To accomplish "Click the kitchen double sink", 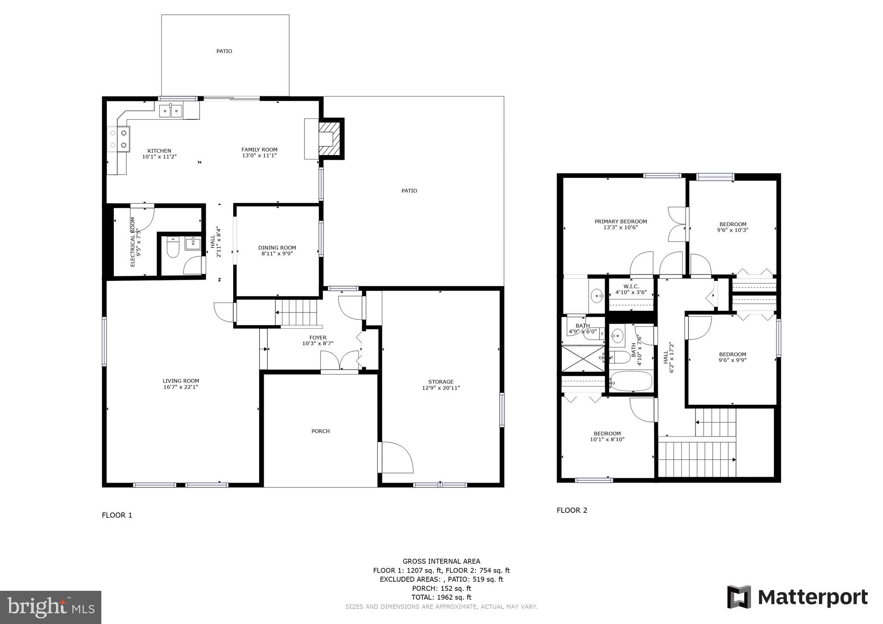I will pos(171,111).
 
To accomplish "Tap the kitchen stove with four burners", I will pos(118,139).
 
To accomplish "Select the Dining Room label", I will pos(277,248).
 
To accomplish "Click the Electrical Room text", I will pos(133,242).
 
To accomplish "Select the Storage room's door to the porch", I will pos(395,457).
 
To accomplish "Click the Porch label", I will pos(320,431).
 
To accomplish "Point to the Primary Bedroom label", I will pos(620,222).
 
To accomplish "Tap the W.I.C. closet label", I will pos(631,287).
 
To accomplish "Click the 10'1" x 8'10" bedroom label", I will pos(607,437).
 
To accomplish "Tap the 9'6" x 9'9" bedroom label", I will pos(732,357).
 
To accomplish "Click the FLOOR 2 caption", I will pos(572,510).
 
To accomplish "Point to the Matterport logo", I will pos(797,597).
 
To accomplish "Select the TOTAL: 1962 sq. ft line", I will pos(441,597).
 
